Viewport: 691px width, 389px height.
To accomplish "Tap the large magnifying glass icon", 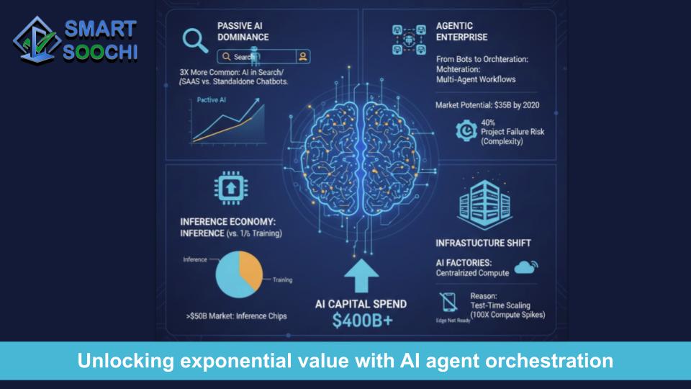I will tap(194, 40).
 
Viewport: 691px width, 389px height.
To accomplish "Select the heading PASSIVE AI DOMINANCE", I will tap(243, 31).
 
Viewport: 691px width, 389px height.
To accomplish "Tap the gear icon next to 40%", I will tap(467, 130).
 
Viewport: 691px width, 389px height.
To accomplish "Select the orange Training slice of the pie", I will tap(252, 271).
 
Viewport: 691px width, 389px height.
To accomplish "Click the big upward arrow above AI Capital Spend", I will tap(362, 275).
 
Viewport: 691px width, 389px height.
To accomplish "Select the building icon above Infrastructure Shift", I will tap(483, 201).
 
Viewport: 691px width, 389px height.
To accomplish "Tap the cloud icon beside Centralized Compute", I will tap(527, 267).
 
